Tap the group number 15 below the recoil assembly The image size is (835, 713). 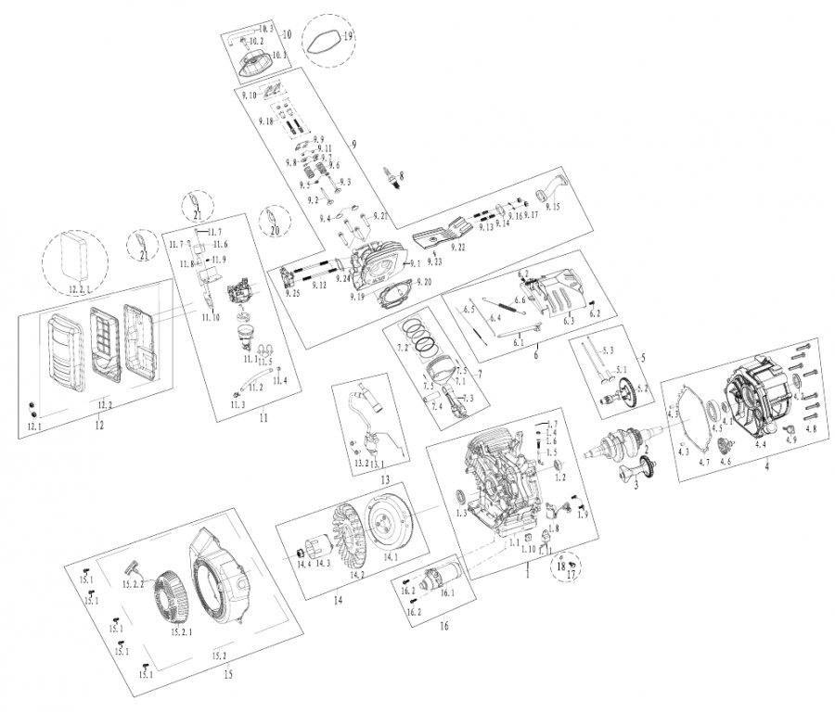(x=228, y=674)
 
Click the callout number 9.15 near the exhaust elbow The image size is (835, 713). (x=554, y=208)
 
